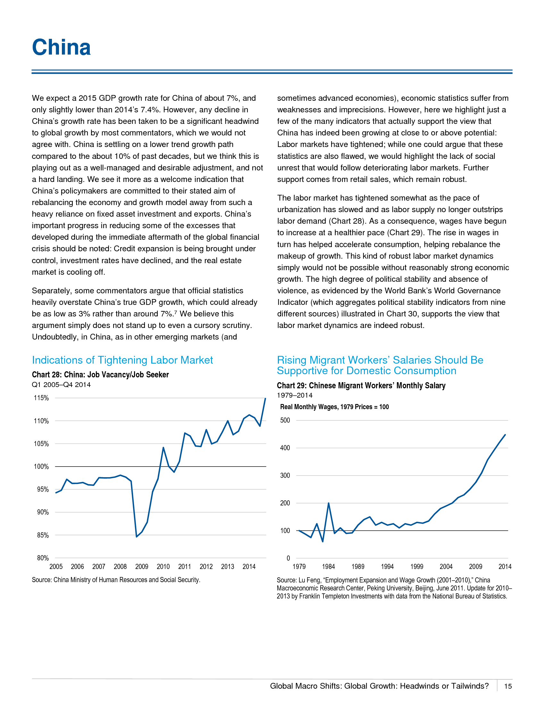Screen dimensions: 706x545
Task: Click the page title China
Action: [61, 47]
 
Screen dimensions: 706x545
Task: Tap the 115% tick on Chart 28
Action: [41, 398]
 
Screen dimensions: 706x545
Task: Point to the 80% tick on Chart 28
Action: [43, 558]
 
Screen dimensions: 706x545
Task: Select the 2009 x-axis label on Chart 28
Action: [142, 567]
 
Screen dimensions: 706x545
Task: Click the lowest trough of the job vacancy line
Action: [137, 537]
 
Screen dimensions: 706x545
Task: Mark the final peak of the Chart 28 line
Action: [265, 399]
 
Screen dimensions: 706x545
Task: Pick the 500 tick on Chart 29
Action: [285, 420]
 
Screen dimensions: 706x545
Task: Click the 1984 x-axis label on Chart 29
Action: [328, 567]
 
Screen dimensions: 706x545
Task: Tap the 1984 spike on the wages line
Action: [329, 503]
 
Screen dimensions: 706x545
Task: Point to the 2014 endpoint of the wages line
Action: [505, 435]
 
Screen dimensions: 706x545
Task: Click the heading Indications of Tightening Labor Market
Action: [122, 360]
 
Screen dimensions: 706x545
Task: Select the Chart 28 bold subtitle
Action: [100, 375]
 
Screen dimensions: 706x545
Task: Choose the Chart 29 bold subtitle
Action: [361, 386]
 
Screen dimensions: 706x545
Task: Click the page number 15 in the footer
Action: [508, 686]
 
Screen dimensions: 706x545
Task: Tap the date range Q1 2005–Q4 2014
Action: [61, 385]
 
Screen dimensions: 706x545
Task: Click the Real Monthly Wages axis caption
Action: [334, 407]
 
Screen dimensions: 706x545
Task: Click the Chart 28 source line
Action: [116, 580]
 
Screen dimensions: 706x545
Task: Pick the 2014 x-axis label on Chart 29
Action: [505, 567]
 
